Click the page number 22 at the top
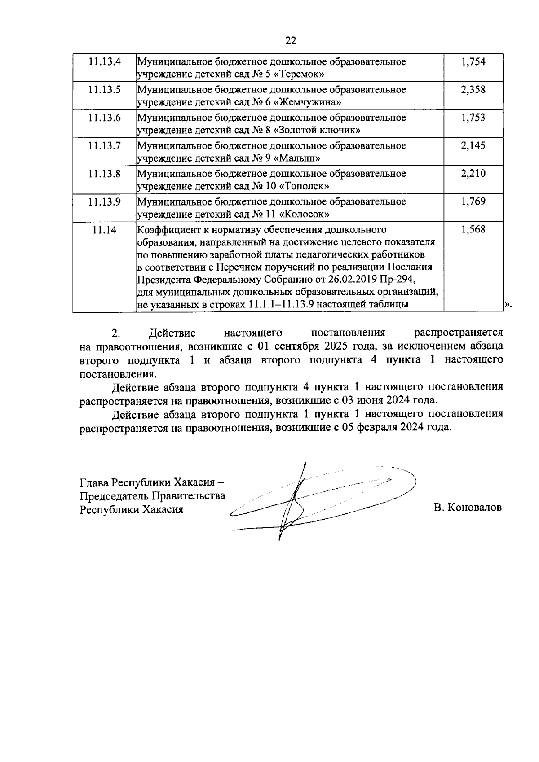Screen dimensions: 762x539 click(x=291, y=41)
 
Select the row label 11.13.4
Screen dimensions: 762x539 click(x=105, y=61)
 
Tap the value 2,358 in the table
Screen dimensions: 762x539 click(x=473, y=89)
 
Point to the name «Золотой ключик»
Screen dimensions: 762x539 click(x=318, y=130)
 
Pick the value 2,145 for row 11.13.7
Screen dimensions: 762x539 click(x=473, y=145)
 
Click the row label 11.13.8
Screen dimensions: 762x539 click(x=105, y=174)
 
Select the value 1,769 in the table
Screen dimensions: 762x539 click(x=473, y=201)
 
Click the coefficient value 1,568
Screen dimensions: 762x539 click(x=473, y=230)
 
